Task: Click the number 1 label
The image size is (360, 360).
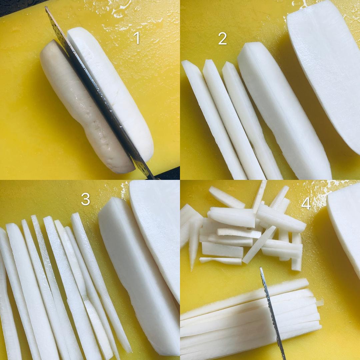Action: tap(137, 38)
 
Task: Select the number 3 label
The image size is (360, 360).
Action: tap(86, 199)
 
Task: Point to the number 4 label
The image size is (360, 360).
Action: tap(306, 203)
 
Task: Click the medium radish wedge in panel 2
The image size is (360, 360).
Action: tap(285, 110)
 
